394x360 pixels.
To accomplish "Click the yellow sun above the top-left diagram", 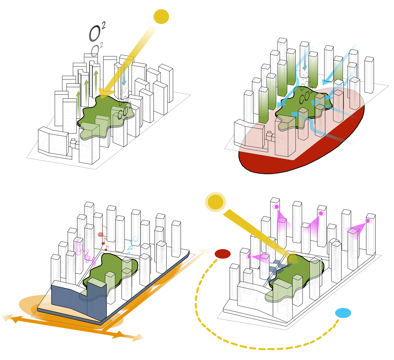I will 161,16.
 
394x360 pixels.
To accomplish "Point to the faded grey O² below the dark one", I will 95,50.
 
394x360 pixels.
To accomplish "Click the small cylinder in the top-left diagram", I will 73,143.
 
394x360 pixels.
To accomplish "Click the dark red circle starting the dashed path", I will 223,254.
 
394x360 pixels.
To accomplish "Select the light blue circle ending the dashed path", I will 343,313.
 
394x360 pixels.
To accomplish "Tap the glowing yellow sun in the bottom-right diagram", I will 216,202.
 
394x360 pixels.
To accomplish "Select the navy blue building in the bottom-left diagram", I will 78,300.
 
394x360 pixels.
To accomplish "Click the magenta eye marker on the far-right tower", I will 368,221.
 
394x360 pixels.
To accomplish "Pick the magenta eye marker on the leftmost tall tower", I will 276,207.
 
